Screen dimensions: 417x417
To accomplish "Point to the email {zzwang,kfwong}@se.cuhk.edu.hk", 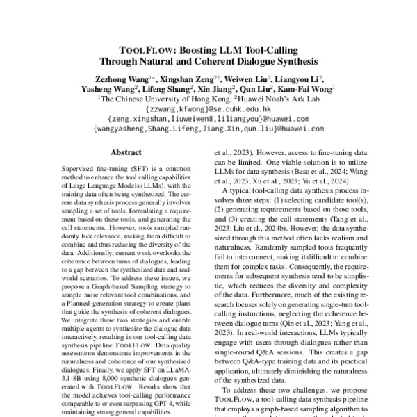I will [208, 109].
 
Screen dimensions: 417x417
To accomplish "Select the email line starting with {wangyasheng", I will [208, 129].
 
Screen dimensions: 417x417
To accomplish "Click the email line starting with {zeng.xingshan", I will [208, 119].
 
